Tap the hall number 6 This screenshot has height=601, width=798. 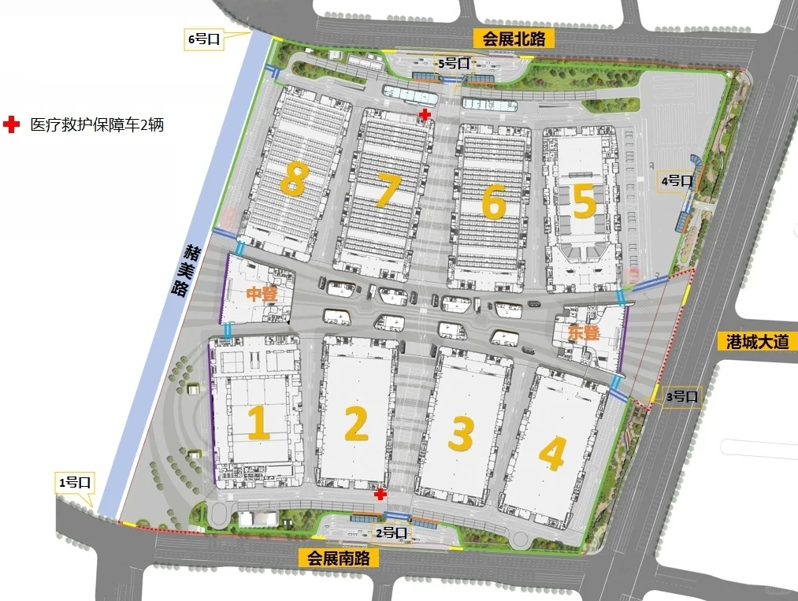pos(493,202)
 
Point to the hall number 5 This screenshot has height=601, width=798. pos(584,202)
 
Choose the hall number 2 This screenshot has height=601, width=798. pos(356,425)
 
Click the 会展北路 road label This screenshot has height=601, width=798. pos(514,39)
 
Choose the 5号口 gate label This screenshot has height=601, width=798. pos(455,63)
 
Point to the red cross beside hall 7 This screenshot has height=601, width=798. pos(425,115)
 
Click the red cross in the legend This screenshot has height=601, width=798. pos(11,124)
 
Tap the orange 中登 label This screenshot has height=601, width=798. pos(262,295)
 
